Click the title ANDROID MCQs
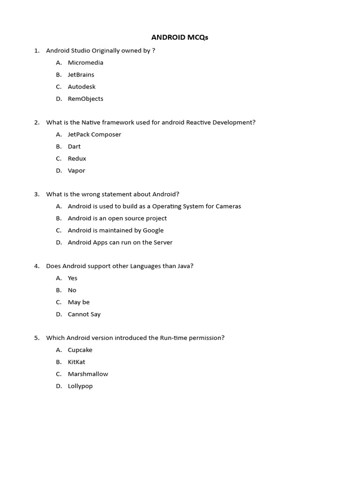tap(180, 37)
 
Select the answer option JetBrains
tap(81, 75)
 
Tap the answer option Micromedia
tap(85, 62)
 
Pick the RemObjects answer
tap(85, 99)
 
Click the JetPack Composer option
tap(94, 135)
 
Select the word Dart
tap(74, 147)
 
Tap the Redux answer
tap(77, 159)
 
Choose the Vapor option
tap(76, 171)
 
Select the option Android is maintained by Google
tap(115, 230)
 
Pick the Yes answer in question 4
tap(73, 278)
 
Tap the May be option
tap(79, 302)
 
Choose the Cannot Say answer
tap(84, 315)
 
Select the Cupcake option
tap(80, 350)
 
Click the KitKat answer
tap(76, 362)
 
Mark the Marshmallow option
tap(88, 374)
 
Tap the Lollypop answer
tap(80, 386)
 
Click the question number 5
tap(36, 338)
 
